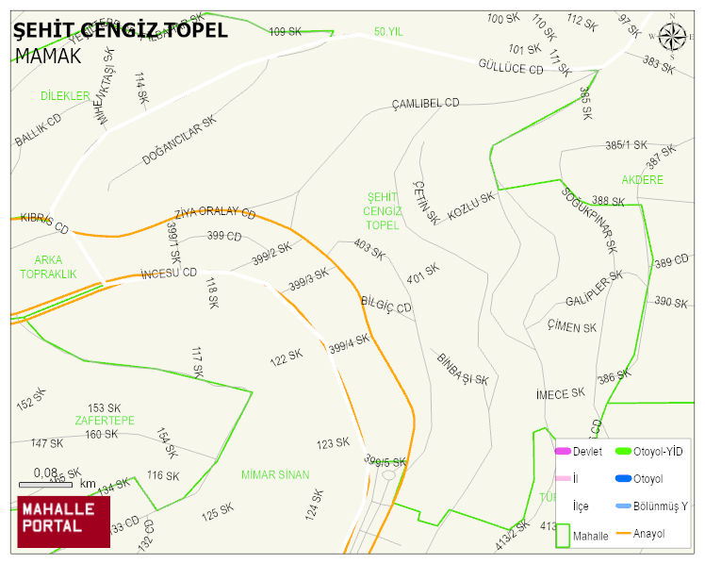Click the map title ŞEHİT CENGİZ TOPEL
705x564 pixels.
tap(121, 30)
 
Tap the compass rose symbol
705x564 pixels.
tap(673, 37)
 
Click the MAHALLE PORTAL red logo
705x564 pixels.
tap(63, 521)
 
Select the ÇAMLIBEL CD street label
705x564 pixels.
tap(425, 103)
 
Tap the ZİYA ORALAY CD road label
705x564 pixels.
tap(215, 212)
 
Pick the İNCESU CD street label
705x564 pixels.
tap(168, 274)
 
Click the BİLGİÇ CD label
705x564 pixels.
tap(386, 305)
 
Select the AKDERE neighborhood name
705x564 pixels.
tap(643, 179)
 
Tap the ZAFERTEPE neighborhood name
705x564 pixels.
tap(105, 420)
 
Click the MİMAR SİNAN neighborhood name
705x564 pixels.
tap(275, 474)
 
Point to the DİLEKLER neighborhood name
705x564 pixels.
tap(65, 96)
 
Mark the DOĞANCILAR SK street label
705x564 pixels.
tap(179, 141)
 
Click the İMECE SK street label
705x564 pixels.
tap(560, 392)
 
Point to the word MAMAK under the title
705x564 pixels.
tap(48, 56)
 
